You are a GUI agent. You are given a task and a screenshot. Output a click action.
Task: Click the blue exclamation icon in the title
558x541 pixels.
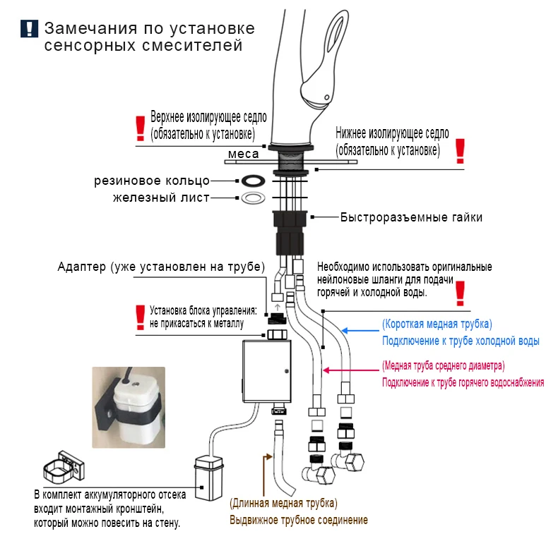tap(29, 29)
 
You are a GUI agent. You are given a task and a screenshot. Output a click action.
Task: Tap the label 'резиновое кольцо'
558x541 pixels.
tap(150, 181)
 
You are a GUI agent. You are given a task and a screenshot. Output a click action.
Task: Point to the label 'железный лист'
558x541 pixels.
tap(161, 197)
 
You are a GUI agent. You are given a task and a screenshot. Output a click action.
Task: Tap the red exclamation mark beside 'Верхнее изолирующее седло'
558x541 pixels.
tap(139, 128)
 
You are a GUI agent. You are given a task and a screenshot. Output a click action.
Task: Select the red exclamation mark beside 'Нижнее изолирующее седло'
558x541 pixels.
tap(460, 150)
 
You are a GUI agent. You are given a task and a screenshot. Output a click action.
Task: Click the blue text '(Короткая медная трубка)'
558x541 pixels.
tap(437, 324)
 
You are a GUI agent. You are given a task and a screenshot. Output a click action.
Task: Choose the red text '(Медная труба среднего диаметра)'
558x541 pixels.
tap(443, 366)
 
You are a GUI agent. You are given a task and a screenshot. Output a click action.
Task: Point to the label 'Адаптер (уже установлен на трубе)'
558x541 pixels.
tap(161, 268)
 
